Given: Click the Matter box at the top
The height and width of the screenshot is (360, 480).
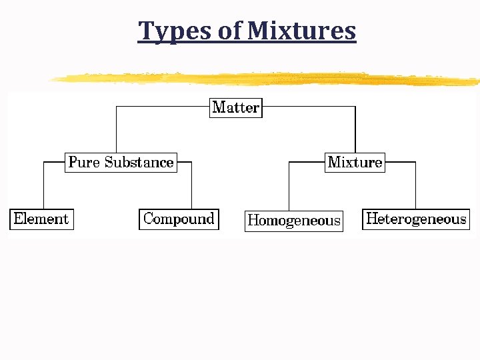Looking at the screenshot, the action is pyautogui.click(x=236, y=107).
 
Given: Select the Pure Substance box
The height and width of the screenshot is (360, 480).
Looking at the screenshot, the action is pyautogui.click(x=121, y=162).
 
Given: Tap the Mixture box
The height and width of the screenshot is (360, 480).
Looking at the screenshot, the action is pyautogui.click(x=355, y=162).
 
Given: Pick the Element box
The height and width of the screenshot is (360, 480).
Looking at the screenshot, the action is pyautogui.click(x=41, y=219).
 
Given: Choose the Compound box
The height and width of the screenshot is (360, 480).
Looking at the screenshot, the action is pyautogui.click(x=179, y=219).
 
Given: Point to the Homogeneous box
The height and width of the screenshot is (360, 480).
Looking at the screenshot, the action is pyautogui.click(x=294, y=220).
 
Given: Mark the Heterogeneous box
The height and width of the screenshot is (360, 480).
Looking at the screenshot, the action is pyautogui.click(x=416, y=219).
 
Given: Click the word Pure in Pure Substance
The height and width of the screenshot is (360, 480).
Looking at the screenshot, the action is pyautogui.click(x=84, y=162).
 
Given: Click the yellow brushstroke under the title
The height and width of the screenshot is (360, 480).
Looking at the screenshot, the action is pyautogui.click(x=267, y=79).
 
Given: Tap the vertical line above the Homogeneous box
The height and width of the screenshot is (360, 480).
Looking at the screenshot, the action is pyautogui.click(x=289, y=187).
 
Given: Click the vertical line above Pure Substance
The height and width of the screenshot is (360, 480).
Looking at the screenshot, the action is pyautogui.click(x=117, y=130).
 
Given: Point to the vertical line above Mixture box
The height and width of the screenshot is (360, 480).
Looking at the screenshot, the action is pyautogui.click(x=355, y=130).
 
